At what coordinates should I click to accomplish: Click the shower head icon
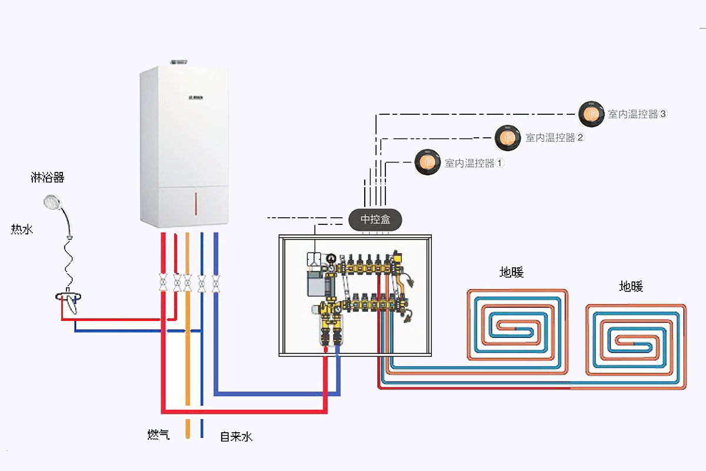pos(52,203)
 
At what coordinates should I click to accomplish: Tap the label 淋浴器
pos(47,177)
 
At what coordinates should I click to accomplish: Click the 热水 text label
pos(22,229)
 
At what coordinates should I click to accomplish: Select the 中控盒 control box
pos(375,220)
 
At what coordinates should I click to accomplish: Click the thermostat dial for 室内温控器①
pos(428,162)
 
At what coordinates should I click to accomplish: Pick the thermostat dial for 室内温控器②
pos(508,137)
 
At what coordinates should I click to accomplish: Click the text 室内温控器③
pos(637,114)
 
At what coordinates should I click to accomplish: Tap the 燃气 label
pos(158,435)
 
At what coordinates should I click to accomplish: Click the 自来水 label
pos(236,437)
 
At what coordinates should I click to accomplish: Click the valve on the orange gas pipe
pos(187,283)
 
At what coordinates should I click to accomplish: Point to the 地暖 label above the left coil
pos(511,273)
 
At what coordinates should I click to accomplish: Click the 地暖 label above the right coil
pos(631,287)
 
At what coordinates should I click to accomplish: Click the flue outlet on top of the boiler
pos(179,61)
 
